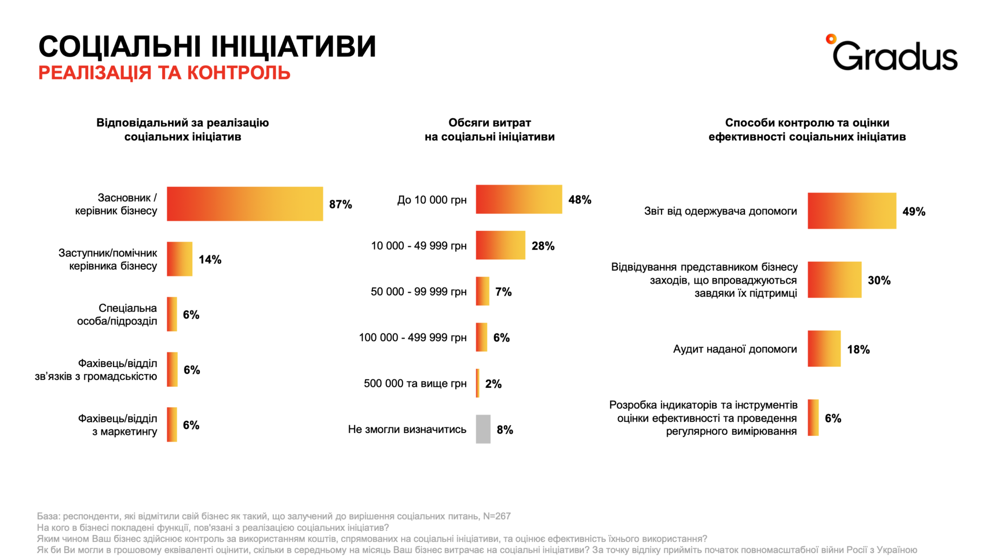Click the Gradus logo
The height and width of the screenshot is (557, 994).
[892, 54]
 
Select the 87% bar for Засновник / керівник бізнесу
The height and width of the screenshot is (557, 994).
[245, 204]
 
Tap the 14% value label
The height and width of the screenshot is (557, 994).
[210, 259]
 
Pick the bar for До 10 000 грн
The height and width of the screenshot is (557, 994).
[518, 199]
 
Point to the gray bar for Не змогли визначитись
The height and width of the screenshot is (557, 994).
[483, 429]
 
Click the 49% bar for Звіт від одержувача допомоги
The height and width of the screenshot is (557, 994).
[851, 211]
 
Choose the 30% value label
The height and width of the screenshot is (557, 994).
[879, 280]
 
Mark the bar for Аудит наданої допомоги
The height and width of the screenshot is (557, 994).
[824, 349]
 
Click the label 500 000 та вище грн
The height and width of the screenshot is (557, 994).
[415, 383]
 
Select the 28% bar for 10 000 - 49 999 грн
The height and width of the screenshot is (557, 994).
[500, 245]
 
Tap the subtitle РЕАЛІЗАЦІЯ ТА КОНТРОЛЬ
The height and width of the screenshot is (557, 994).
[164, 73]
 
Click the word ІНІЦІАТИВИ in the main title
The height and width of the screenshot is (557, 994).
[293, 47]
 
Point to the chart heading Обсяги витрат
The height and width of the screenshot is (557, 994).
[489, 123]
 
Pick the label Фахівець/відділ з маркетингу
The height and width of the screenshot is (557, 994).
[118, 425]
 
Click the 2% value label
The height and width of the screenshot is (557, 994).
[493, 384]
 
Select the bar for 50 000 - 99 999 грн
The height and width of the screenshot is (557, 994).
[482, 291]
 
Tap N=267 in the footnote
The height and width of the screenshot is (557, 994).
[497, 516]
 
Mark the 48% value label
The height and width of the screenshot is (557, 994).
[580, 200]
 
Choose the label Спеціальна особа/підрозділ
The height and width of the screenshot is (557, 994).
[117, 315]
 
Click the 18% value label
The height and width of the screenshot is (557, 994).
[858, 350]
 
